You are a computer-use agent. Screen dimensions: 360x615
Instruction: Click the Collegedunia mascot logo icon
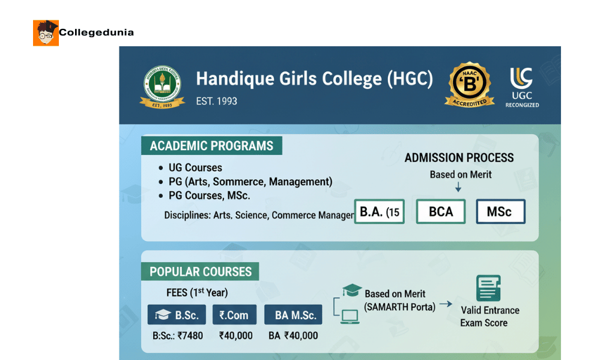tap(46, 32)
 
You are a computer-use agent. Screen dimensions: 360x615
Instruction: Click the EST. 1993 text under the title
tap(216, 101)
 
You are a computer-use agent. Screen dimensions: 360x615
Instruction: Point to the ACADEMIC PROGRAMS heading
tap(211, 146)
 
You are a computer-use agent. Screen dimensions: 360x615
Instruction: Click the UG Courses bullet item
tap(195, 168)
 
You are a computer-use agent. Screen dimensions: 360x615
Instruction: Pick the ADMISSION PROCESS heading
tap(459, 158)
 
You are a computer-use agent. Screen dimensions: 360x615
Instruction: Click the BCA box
tap(441, 212)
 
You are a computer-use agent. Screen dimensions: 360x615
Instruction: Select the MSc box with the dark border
tap(500, 212)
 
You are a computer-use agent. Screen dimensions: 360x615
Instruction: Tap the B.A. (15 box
tap(380, 212)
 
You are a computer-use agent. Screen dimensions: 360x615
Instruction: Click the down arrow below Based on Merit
tap(458, 188)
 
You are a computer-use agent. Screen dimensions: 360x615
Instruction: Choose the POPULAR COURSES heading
tap(201, 272)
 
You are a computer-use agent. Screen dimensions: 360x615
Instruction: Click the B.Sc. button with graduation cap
tap(177, 315)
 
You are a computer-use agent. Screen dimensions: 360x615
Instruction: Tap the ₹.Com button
tap(234, 315)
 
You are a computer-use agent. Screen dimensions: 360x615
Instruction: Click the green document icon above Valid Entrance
tap(488, 288)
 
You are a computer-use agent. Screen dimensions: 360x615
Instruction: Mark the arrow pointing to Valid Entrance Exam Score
tap(446, 304)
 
